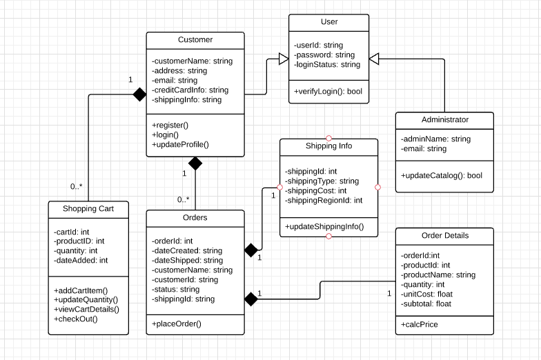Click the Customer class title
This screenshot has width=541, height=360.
pyautogui.click(x=195, y=40)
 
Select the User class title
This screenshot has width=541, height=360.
pyautogui.click(x=329, y=22)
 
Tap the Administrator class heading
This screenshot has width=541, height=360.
pyautogui.click(x=445, y=120)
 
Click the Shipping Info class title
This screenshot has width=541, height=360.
pyautogui.click(x=328, y=146)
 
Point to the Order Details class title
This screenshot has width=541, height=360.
pyautogui.click(x=445, y=235)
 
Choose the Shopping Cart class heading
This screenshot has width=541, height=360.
pyautogui.click(x=88, y=208)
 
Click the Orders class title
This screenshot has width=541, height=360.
pyautogui.click(x=195, y=218)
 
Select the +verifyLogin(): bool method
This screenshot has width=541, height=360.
pyautogui.click(x=328, y=91)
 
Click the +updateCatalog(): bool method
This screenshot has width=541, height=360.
pyautogui.click(x=441, y=176)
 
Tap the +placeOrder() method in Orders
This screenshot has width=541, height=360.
pyautogui.click(x=177, y=324)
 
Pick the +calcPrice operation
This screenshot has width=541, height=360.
pyautogui.click(x=420, y=324)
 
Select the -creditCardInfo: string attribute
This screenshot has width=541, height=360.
pyautogui.click(x=190, y=90)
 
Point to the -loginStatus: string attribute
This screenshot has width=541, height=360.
pyautogui.click(x=327, y=65)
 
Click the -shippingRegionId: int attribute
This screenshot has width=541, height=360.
pyautogui.click(x=324, y=201)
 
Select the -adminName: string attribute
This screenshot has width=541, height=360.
pyautogui.click(x=435, y=139)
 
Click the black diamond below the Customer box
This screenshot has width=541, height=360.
pyautogui.click(x=195, y=163)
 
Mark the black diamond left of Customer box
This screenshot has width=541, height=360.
pyautogui.click(x=139, y=94)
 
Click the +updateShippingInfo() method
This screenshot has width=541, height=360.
pyautogui.click(x=324, y=226)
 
